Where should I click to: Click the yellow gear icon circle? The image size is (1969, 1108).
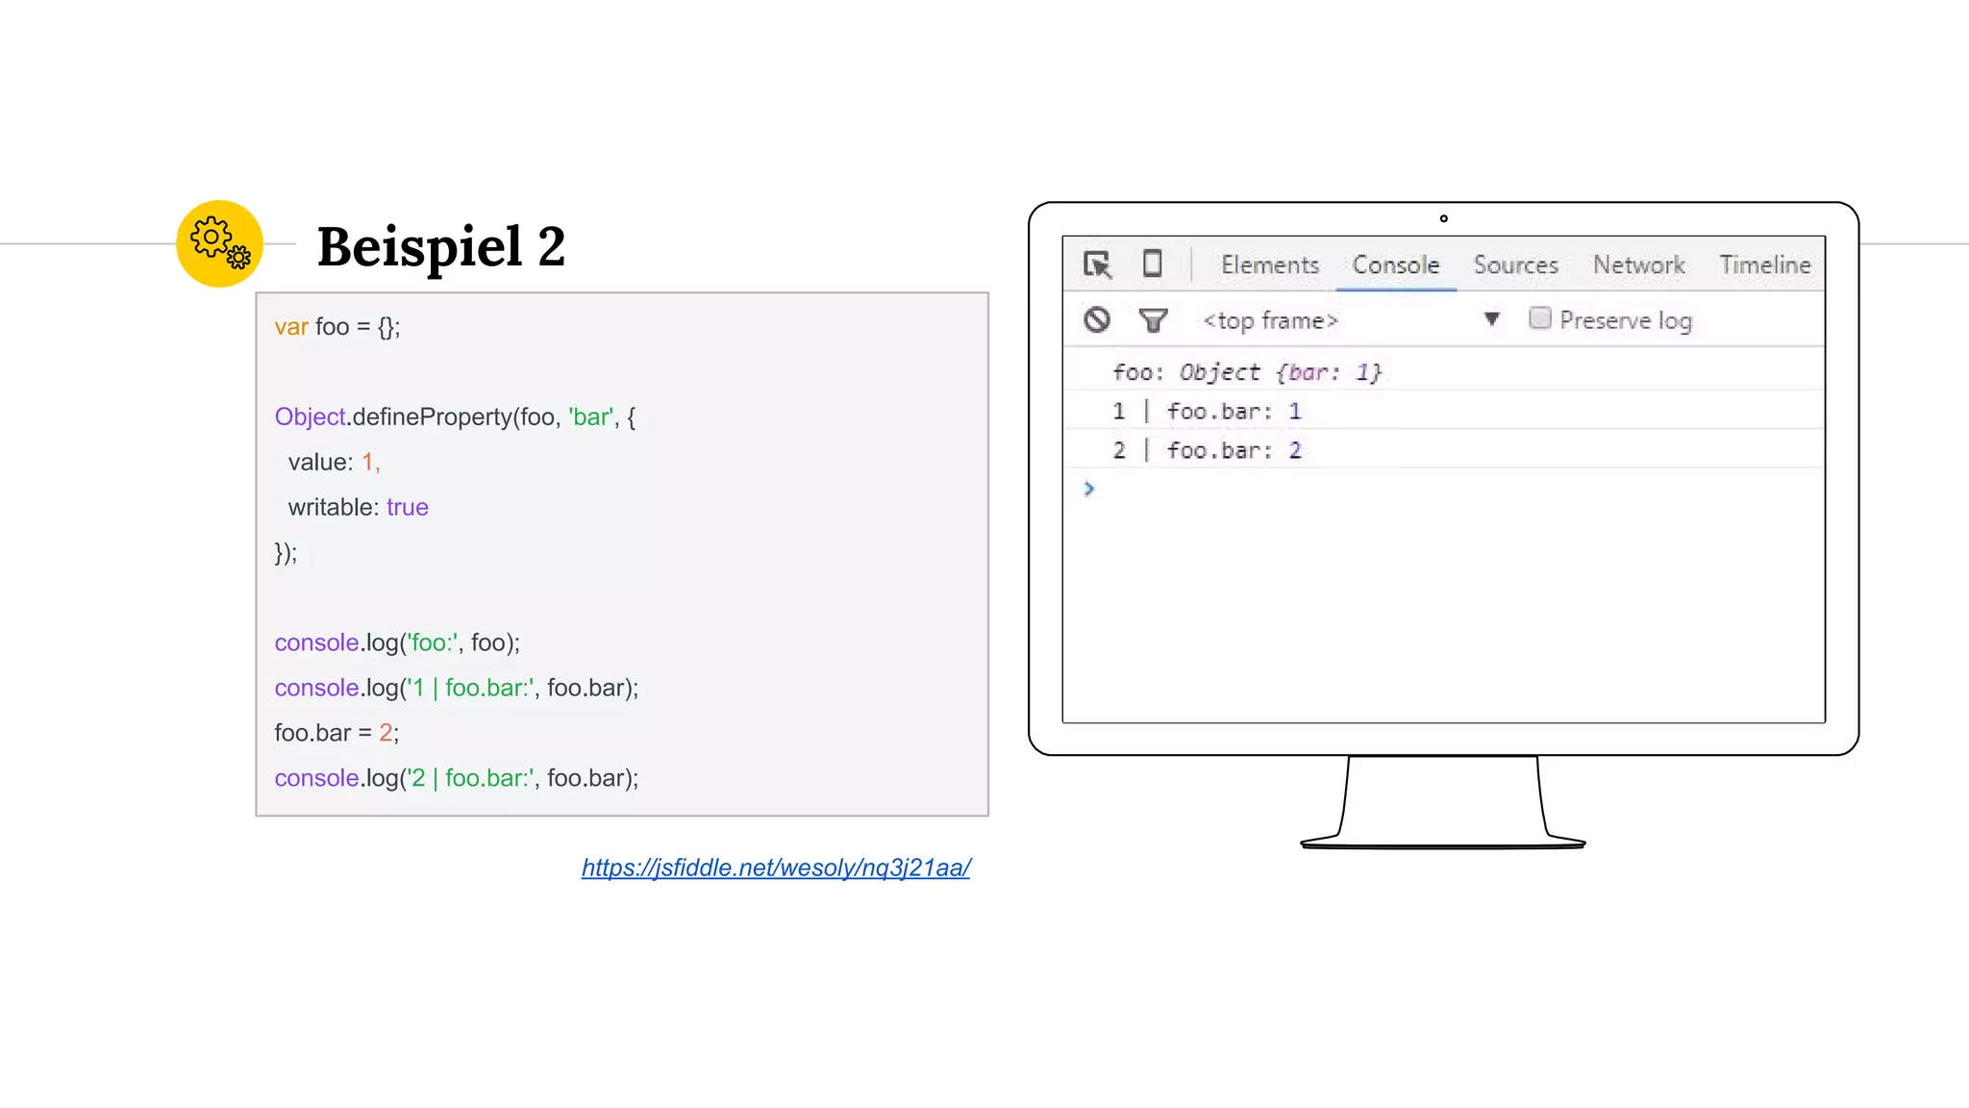219,243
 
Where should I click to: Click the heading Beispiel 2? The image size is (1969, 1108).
440,246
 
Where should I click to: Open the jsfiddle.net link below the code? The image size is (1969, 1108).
775,868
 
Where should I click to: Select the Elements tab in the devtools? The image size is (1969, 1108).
1269,264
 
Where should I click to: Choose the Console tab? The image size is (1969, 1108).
1395,264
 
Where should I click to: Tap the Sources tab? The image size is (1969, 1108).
1515,264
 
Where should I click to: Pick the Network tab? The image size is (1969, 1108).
1638,264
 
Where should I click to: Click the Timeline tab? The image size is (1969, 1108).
1764,264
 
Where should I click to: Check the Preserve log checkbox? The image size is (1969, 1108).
1539,318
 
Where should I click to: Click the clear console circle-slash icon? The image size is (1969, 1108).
1097,319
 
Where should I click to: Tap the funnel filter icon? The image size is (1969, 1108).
1153,319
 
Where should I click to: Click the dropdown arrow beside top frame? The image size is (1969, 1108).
1491,319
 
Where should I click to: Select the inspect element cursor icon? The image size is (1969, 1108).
1097,264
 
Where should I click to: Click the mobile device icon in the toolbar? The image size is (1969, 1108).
1152,264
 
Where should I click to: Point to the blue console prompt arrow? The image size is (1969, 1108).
1089,489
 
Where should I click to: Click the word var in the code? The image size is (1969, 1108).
290,327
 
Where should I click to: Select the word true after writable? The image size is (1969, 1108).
407,507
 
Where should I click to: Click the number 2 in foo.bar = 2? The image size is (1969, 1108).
385,733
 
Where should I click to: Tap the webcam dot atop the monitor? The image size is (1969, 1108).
1443,218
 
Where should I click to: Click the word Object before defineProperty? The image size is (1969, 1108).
310,416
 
